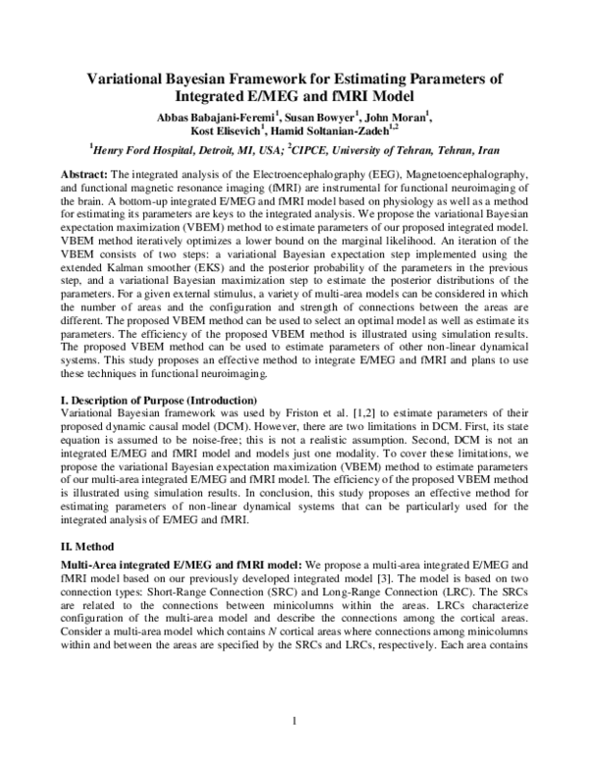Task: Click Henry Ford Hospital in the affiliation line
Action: point(152,152)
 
